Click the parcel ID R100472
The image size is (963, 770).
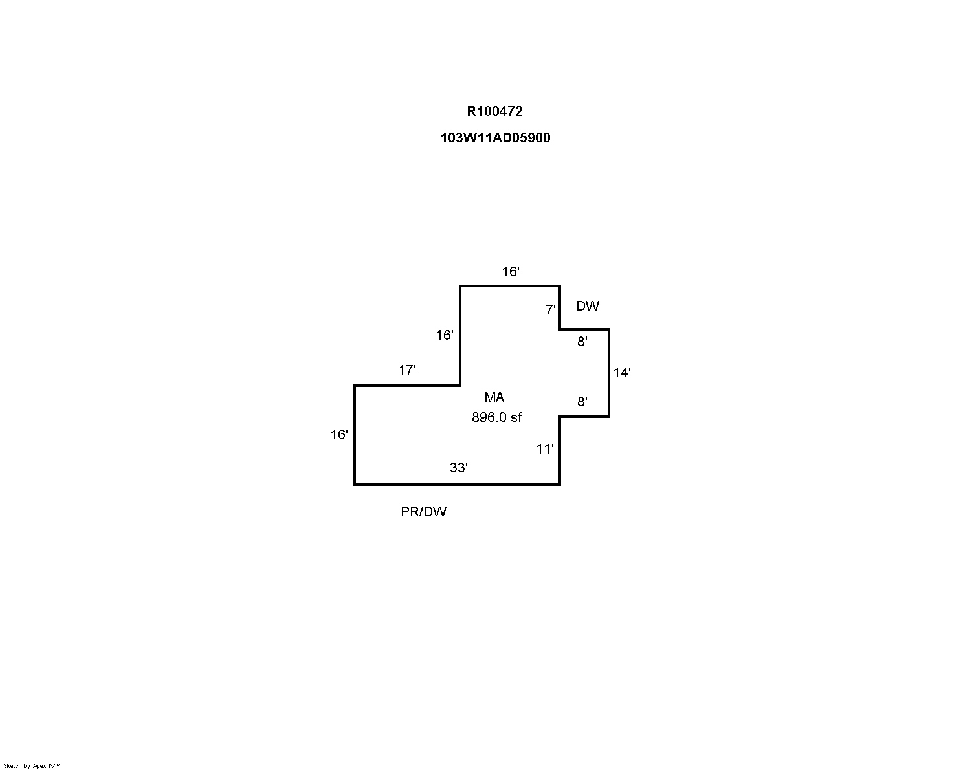pos(494,111)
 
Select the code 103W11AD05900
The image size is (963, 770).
pos(495,137)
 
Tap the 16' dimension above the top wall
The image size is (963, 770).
pos(511,272)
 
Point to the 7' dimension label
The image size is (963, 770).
pos(550,309)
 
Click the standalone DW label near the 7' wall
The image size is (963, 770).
pos(588,306)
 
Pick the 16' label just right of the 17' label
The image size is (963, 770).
pos(445,335)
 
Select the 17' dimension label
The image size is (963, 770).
pos(407,370)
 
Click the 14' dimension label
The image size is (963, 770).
pos(622,373)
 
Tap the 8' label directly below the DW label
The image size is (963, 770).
pos(582,342)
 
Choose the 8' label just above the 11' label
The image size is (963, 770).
pos(582,402)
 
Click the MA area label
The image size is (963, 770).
pos(494,397)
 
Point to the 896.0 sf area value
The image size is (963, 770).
pos(497,417)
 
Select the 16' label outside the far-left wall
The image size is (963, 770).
pos(339,435)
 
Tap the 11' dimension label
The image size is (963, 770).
pos(545,449)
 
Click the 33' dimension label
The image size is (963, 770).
pos(459,468)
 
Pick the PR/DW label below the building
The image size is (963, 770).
pos(424,512)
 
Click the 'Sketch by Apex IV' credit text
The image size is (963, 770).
pos(32,766)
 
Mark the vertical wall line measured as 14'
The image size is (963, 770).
pos(609,373)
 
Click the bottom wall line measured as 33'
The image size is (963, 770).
pos(457,484)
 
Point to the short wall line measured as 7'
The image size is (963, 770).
pos(559,307)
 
